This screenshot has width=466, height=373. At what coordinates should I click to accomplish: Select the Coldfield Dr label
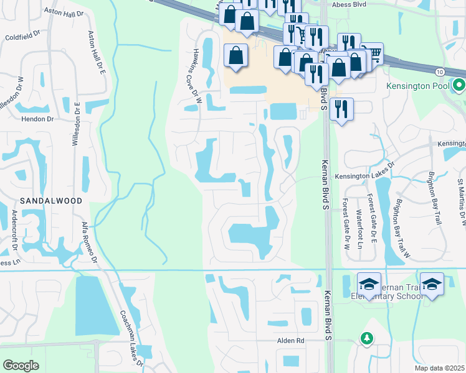tap(22, 37)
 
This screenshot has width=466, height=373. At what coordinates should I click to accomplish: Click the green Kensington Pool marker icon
tap(459, 85)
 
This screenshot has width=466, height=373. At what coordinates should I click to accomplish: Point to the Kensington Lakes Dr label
tap(365, 176)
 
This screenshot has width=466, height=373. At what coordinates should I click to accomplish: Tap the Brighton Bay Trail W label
tap(403, 228)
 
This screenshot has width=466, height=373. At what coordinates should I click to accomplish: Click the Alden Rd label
tap(291, 341)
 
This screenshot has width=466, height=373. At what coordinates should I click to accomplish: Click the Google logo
tap(21, 366)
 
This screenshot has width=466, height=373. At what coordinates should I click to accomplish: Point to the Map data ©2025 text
tap(439, 368)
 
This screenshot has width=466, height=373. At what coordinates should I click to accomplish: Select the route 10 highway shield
tap(440, 72)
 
